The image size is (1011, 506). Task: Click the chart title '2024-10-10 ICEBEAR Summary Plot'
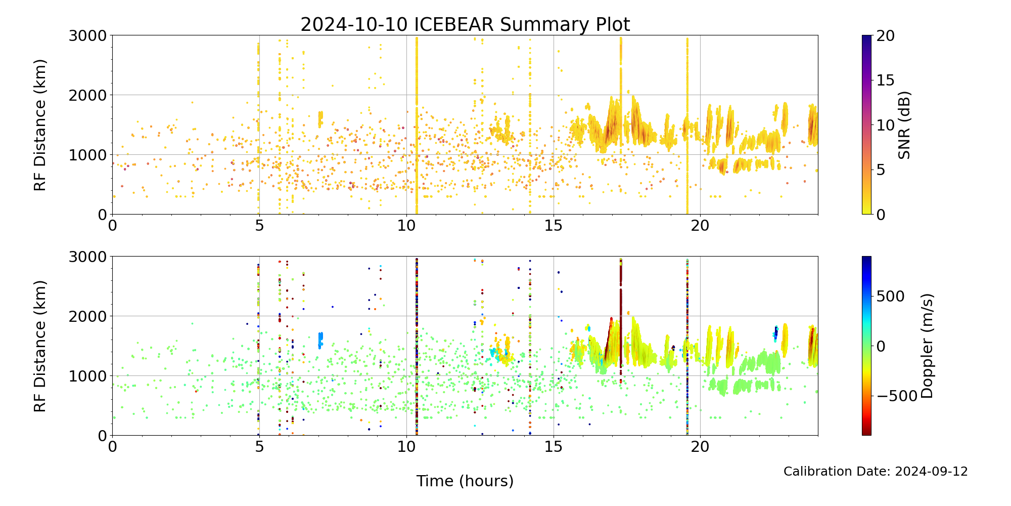[x=465, y=24]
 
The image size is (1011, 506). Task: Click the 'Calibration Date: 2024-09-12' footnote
[x=876, y=472]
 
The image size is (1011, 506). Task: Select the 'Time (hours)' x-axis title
[x=465, y=481]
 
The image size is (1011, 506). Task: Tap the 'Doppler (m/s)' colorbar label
[x=927, y=346]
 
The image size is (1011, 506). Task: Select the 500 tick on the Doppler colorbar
[x=890, y=297]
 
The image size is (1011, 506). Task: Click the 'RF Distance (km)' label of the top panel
[x=40, y=125]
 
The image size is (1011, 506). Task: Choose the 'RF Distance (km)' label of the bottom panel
[x=40, y=346]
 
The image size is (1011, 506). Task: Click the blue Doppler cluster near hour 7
[x=320, y=340]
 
